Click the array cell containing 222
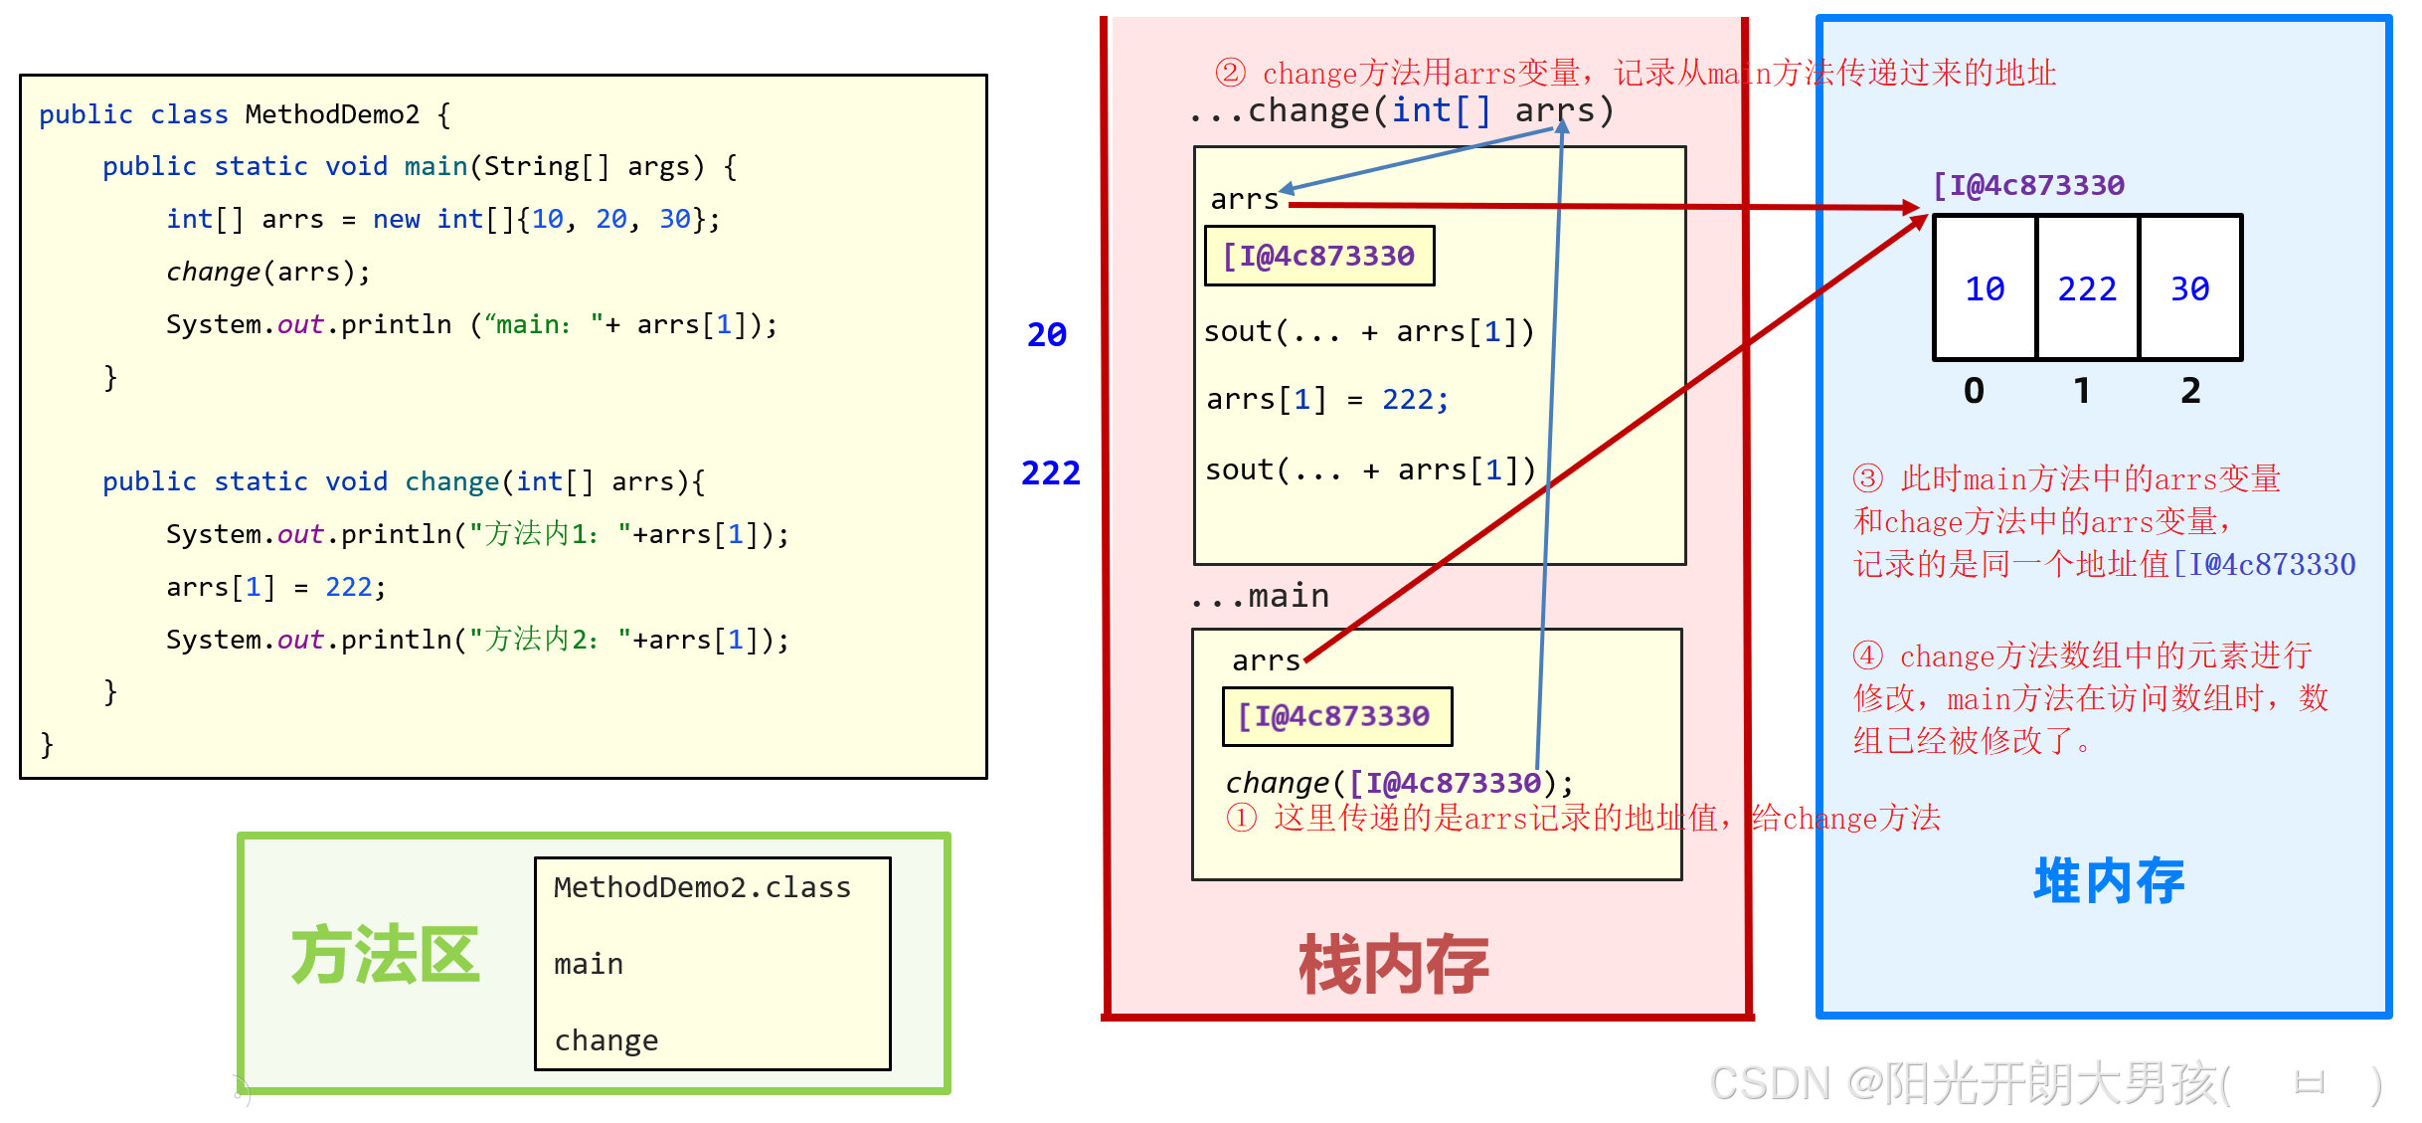[2087, 288]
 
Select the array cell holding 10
[1985, 288]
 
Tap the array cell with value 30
[2189, 288]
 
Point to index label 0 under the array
[1974, 391]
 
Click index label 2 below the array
[2190, 391]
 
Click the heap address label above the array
[2028, 185]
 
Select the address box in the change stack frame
[1318, 257]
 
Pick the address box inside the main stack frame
[1336, 716]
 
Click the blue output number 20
[1046, 334]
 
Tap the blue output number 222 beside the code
[1050, 472]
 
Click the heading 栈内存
[1393, 964]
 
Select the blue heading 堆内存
[2108, 880]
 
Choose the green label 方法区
[385, 955]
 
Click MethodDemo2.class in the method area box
[702, 887]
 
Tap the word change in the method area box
[605, 1040]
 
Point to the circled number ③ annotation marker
[1867, 478]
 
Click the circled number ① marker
[1241, 818]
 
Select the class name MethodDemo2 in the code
[332, 114]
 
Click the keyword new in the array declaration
[396, 219]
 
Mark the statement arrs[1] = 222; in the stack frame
[1326, 400]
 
